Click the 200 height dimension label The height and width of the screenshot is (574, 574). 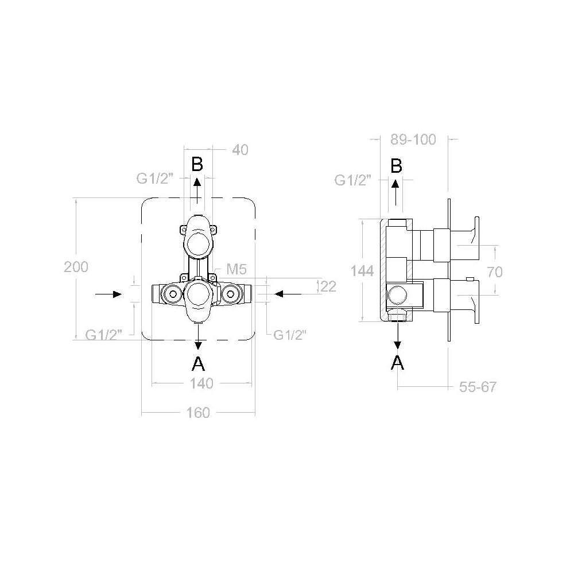(x=76, y=267)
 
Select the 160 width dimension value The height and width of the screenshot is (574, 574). (x=198, y=413)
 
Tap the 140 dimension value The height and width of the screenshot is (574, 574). (x=201, y=383)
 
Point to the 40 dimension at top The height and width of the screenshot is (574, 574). (x=240, y=150)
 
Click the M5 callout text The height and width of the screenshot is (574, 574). (x=237, y=269)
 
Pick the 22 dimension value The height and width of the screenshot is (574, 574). (x=328, y=286)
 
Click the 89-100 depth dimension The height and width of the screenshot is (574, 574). (x=413, y=139)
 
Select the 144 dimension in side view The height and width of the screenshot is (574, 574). (x=362, y=271)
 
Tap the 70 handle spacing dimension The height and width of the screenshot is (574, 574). (x=495, y=272)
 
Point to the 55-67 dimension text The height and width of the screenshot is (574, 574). (x=478, y=387)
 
